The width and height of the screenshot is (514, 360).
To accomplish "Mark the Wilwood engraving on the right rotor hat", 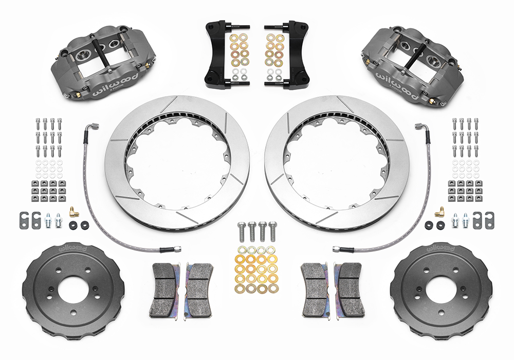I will pyautogui.click(x=439, y=249).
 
